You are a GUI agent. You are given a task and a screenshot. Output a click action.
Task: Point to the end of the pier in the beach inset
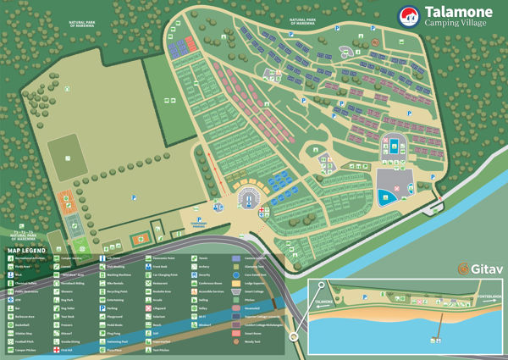438,339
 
